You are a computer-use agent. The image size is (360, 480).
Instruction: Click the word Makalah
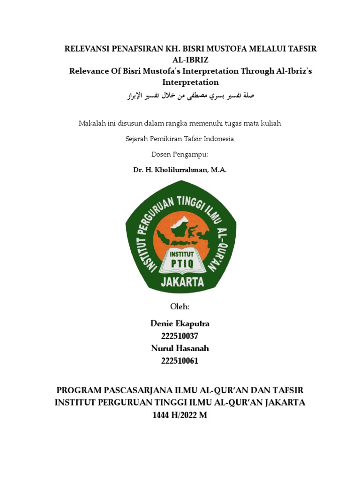pos(91,123)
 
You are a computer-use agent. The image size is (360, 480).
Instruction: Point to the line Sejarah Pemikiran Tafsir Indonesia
pos(180,139)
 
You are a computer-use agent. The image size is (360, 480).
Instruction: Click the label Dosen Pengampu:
pos(180,154)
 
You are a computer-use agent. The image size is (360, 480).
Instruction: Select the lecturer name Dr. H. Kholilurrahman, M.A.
pos(180,170)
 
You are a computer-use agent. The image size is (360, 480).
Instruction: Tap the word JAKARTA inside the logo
pos(182,282)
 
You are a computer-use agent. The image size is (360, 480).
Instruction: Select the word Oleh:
pos(180,307)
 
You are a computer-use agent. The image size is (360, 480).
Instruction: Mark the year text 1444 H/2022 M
pos(180,415)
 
